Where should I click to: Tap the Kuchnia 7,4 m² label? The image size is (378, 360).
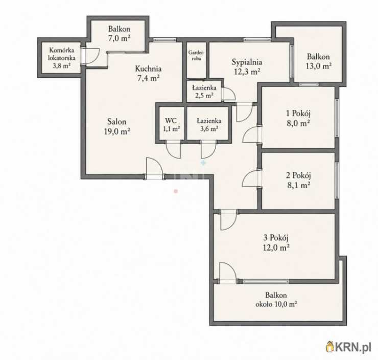(x=148, y=73)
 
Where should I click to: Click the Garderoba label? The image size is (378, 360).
(x=196, y=55)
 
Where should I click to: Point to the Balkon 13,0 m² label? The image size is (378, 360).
(x=318, y=61)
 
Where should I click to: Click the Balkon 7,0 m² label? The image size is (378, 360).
(x=119, y=34)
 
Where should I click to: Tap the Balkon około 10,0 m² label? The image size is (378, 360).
(x=276, y=300)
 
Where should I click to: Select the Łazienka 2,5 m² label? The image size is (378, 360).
(x=204, y=92)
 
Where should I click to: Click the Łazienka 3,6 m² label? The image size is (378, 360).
(x=209, y=124)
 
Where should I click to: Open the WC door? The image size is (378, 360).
(x=174, y=150)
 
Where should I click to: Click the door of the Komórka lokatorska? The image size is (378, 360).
(x=92, y=56)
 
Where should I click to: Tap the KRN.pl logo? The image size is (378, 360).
(x=348, y=347)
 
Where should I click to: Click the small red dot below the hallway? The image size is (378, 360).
(x=176, y=191)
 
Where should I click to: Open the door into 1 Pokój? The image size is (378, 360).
(x=251, y=135)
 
